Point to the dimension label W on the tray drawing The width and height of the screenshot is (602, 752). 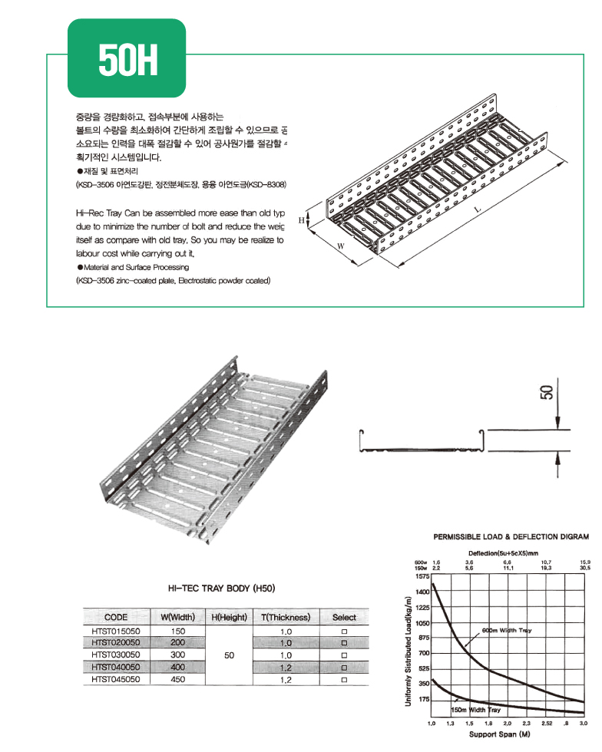pos(339,247)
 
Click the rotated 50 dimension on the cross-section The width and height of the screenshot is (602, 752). pos(547,393)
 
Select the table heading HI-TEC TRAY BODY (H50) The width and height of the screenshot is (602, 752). pos(221,589)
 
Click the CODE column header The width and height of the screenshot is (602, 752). pos(115,617)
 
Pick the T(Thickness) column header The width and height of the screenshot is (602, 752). pos(285,617)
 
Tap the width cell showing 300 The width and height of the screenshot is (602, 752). pos(178,655)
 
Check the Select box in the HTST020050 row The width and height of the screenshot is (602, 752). pos(344,643)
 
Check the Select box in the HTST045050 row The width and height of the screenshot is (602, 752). pos(344,679)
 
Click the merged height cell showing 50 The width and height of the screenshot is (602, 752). pos(229,655)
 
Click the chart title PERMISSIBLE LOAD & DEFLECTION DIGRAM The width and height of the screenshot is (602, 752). pos(511,537)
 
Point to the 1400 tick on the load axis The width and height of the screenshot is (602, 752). pos(422,592)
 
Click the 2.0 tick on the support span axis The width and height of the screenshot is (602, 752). pos(508,724)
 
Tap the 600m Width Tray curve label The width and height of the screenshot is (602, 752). pos(506,630)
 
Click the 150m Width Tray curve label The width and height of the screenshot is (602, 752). pos(476,710)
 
